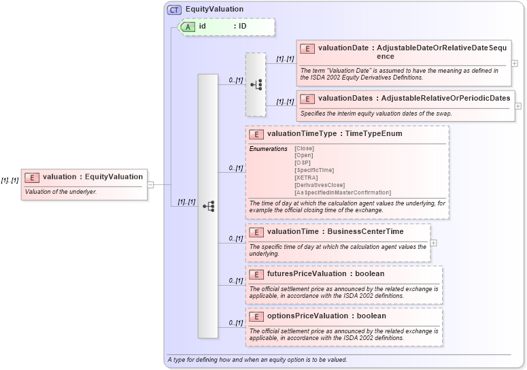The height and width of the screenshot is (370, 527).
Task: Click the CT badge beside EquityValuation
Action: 174,10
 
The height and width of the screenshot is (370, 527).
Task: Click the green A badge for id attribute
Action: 187,26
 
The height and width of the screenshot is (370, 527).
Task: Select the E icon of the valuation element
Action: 32,177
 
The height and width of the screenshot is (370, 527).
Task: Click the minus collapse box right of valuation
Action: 150,184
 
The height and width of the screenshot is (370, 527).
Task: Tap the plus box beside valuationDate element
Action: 515,63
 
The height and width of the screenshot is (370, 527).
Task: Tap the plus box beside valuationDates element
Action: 518,106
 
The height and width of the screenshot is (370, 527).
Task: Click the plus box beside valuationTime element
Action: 434,243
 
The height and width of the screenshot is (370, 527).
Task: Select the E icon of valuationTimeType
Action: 256,134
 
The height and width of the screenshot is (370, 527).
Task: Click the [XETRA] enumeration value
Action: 306,178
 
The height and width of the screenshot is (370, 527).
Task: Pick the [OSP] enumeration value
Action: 303,163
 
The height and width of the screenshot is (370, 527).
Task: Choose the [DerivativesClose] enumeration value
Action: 320,185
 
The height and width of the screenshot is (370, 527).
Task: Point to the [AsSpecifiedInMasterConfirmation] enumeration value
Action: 343,192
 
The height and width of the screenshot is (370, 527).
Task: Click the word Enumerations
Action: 268,148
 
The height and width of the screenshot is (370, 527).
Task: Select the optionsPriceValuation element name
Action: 307,316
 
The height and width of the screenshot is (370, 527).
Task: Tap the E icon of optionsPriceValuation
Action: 256,316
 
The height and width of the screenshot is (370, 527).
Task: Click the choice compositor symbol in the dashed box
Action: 256,85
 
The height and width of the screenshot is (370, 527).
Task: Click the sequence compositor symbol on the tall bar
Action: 208,205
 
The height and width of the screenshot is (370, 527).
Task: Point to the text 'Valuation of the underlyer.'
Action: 61,192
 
